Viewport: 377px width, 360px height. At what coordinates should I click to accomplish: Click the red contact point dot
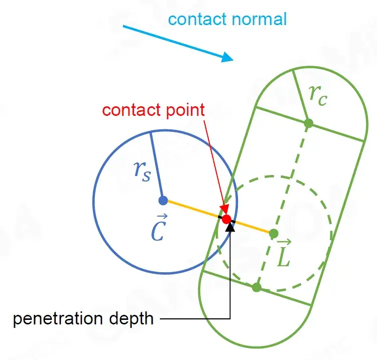click(226, 219)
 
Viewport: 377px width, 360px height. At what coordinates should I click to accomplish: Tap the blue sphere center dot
click(163, 201)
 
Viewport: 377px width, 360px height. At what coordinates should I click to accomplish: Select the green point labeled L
click(274, 233)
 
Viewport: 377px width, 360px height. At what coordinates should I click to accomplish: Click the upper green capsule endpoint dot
click(309, 123)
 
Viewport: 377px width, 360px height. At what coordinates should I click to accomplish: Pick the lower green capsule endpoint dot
click(257, 287)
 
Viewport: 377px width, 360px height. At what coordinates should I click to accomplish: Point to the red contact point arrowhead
click(224, 211)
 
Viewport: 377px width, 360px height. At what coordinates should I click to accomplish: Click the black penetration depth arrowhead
click(230, 227)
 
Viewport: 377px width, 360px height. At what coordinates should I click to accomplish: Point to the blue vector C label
click(158, 230)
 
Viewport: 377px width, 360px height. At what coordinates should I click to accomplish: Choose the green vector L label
click(284, 255)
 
